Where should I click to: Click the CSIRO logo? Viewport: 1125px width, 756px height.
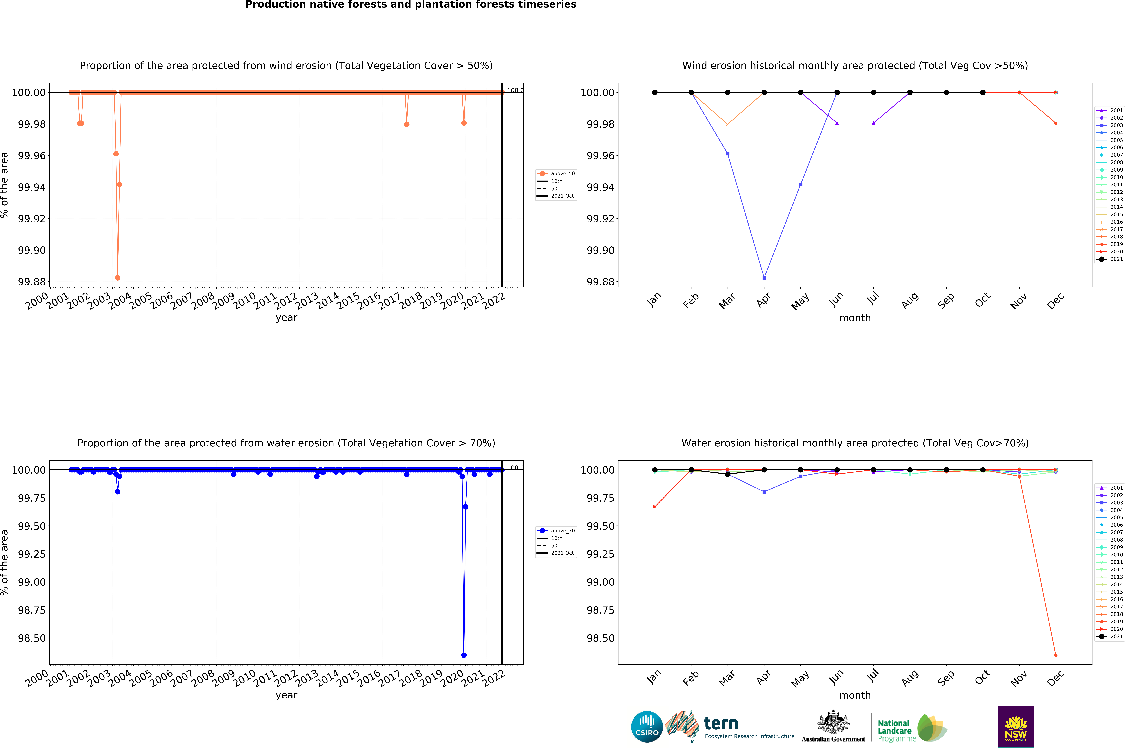click(647, 727)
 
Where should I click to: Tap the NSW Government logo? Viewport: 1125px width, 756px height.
click(1016, 727)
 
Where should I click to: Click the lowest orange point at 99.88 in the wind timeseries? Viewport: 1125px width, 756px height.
click(118, 278)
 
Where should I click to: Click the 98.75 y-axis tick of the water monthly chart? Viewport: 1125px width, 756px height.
click(600, 610)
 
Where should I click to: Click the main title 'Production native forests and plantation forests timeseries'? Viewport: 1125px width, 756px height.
click(411, 5)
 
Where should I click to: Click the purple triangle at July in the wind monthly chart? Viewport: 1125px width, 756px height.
click(873, 123)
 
